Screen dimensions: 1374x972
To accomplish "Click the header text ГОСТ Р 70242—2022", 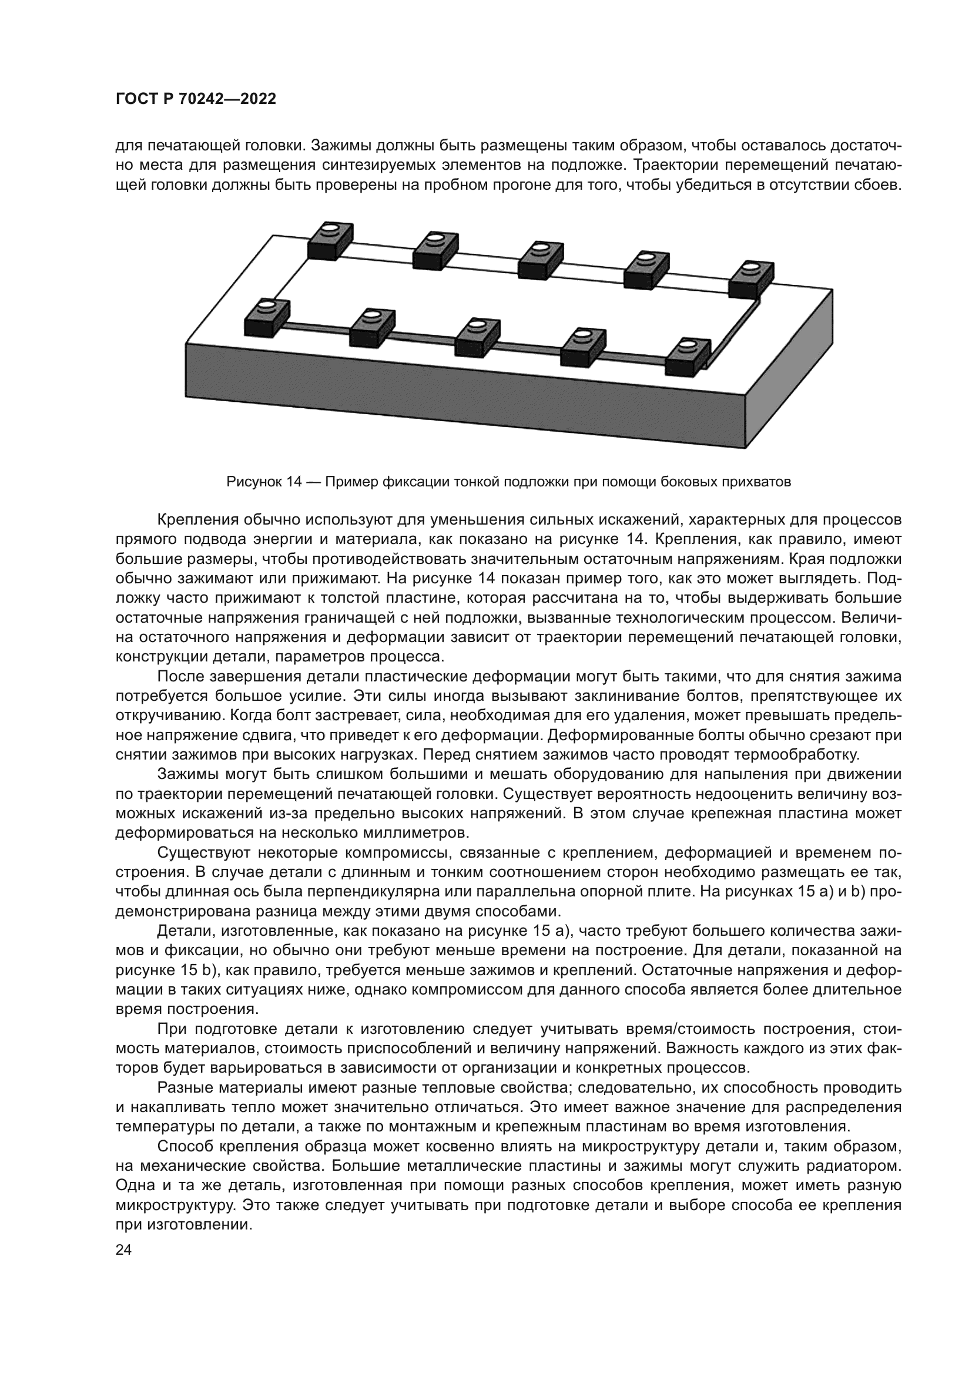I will pos(196,99).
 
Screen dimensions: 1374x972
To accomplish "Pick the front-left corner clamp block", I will pos(267,318).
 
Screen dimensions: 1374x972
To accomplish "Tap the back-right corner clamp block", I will pos(751,280).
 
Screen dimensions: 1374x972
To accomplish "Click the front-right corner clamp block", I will pos(688,358).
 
